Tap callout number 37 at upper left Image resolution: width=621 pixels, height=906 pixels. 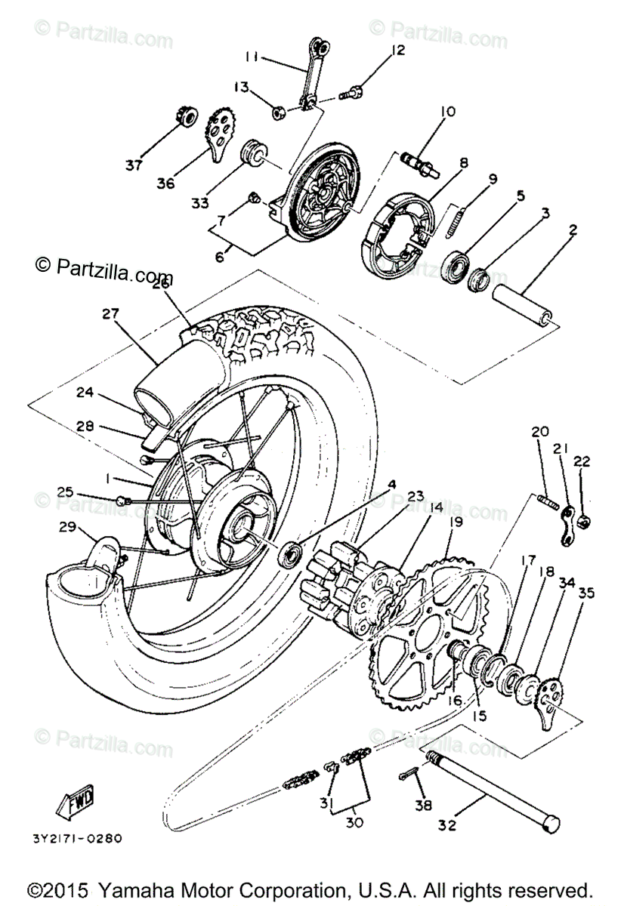(x=134, y=165)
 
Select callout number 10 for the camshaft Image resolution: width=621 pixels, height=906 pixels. (x=447, y=112)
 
